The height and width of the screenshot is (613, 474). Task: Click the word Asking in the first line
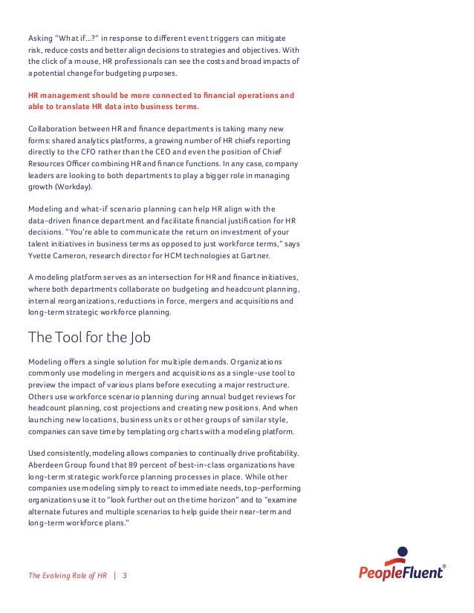(40, 37)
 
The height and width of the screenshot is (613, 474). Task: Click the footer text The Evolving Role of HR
(68, 574)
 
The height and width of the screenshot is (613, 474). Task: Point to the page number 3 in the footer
(125, 574)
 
